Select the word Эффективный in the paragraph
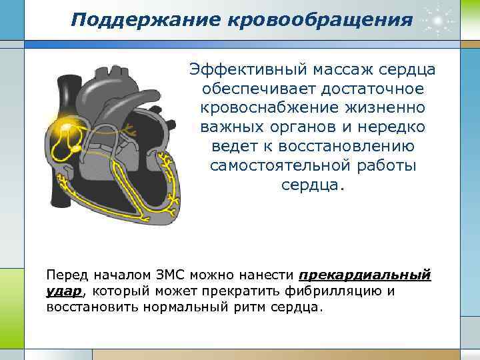pyautogui.click(x=243, y=70)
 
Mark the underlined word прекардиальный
pyautogui.click(x=365, y=275)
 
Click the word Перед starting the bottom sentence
pyautogui.click(x=66, y=275)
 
